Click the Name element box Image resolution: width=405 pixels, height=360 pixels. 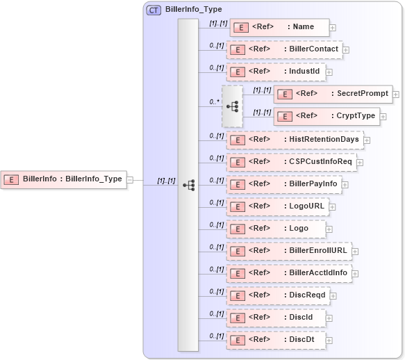[x=279, y=27]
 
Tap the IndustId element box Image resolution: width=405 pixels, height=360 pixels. [x=276, y=71]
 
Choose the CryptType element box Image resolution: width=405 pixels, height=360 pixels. [x=326, y=116]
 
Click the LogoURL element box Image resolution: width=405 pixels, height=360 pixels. [x=277, y=206]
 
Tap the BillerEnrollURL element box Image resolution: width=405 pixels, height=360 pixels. [x=288, y=250]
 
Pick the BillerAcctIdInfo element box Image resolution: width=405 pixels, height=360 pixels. [x=288, y=272]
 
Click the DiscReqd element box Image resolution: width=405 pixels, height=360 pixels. [x=277, y=295]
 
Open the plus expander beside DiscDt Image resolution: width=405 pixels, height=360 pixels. [x=330, y=340]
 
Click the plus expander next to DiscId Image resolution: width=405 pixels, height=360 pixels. [x=330, y=318]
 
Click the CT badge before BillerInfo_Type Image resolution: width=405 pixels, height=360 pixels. [x=154, y=10]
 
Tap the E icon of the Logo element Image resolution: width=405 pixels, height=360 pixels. [x=237, y=229]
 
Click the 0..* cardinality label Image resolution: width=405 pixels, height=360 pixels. [x=214, y=101]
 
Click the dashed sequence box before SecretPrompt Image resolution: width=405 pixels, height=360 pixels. [x=232, y=106]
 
